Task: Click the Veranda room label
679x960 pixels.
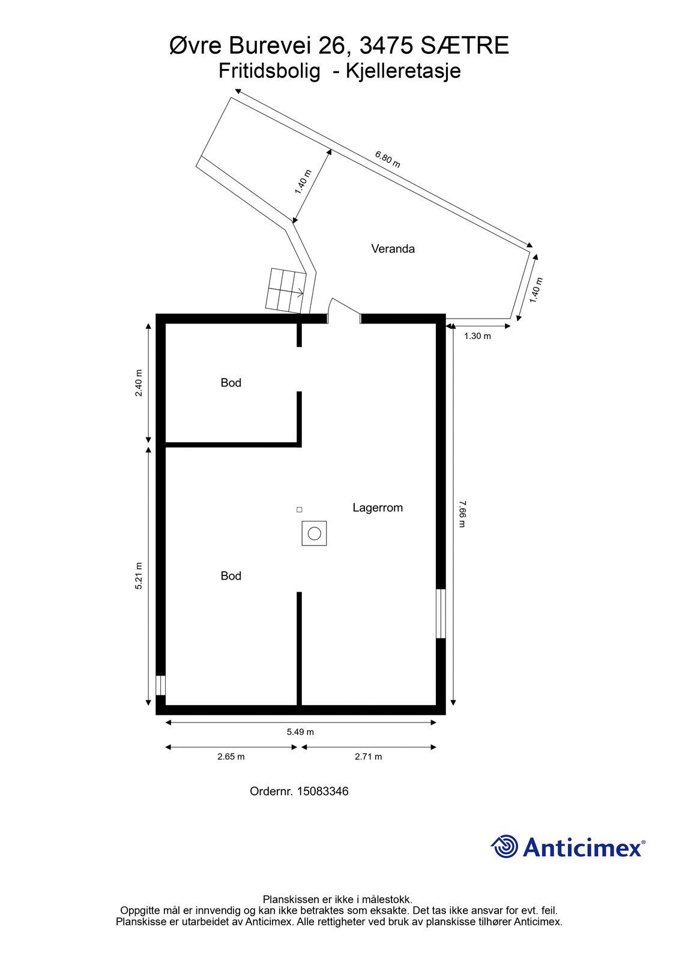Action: pos(393,248)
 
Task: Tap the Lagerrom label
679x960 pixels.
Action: pos(378,508)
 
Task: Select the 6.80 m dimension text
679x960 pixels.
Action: pos(388,159)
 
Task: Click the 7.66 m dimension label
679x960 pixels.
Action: pos(462,514)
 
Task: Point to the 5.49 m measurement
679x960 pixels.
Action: pos(300,731)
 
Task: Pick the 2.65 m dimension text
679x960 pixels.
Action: pos(231,757)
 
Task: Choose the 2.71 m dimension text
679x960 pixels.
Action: pos(368,757)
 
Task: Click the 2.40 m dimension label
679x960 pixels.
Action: pos(139,383)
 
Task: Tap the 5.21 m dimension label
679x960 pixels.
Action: pos(139,575)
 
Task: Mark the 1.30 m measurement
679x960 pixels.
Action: pos(477,336)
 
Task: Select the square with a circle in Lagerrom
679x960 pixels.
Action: pos(314,533)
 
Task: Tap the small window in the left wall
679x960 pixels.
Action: pos(160,685)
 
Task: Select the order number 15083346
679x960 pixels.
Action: pos(322,791)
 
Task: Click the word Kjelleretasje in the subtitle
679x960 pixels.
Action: pos(403,71)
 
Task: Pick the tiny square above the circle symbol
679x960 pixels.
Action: pos(300,509)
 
